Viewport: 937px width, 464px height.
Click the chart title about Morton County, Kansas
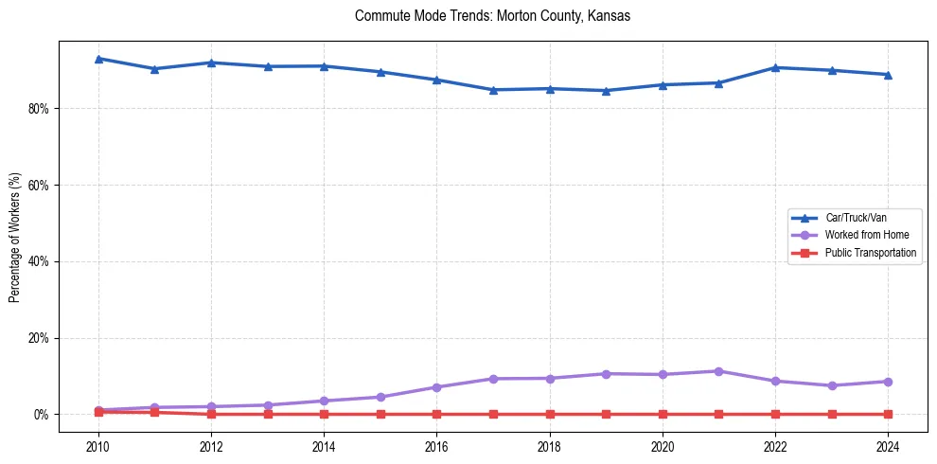[x=492, y=16]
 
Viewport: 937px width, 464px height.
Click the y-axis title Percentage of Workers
[x=14, y=238]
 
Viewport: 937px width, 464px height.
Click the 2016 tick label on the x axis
[x=436, y=445]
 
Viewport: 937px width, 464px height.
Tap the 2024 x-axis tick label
[x=888, y=445]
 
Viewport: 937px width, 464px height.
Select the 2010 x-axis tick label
[x=98, y=445]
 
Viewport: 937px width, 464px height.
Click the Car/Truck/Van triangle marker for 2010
[x=98, y=59]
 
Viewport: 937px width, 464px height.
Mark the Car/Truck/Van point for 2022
[x=775, y=67]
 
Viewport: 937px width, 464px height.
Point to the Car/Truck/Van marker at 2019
[x=606, y=91]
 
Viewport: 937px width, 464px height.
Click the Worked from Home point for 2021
[x=718, y=371]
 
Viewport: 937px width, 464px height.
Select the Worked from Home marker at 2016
[x=436, y=387]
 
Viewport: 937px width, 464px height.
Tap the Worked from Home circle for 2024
[x=888, y=382]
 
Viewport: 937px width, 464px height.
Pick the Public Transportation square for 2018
[x=550, y=414]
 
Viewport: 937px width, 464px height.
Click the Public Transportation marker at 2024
[x=888, y=414]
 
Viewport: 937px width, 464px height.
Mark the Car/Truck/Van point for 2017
[x=493, y=90]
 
